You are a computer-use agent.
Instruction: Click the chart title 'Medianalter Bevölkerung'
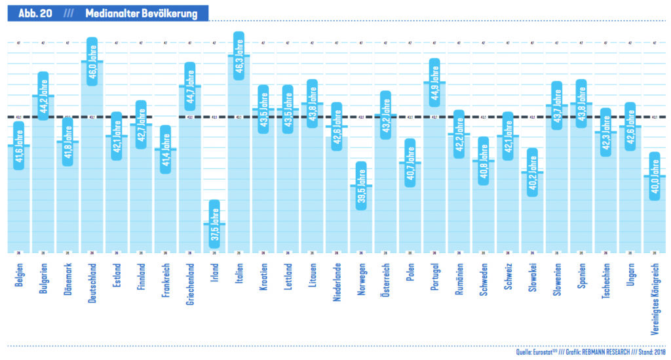point(141,14)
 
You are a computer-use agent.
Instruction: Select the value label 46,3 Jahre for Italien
point(239,55)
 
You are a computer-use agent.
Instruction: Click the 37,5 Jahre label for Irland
point(214,224)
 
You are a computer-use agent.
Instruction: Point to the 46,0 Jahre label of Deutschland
point(92,60)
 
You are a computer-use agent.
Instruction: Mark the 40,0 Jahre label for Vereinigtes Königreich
point(655,176)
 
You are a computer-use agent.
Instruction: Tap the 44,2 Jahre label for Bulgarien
point(43,95)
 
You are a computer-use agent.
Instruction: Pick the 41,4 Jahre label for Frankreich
point(165,149)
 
